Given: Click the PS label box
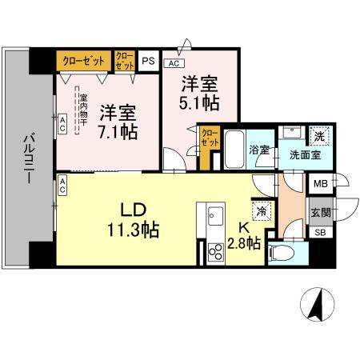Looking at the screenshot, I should click(x=148, y=59).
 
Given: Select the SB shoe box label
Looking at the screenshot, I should click(x=319, y=233).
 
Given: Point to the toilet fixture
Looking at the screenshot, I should click(x=284, y=254).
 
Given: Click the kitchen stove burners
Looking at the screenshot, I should click(x=216, y=253).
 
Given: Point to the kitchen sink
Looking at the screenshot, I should click(x=216, y=215).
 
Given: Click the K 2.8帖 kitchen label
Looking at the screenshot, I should click(x=243, y=237).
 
